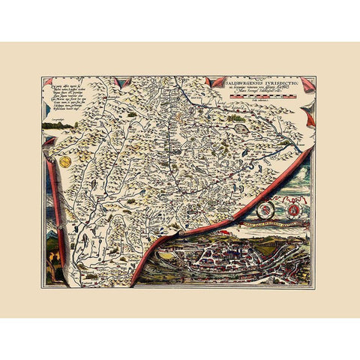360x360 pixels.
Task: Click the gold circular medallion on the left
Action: [65, 161]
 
